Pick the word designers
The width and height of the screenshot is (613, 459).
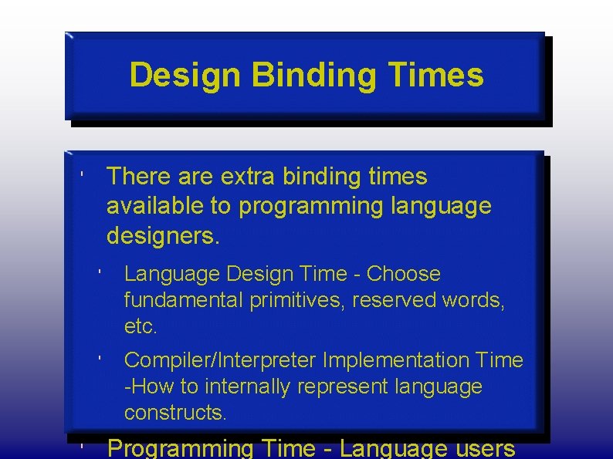pyautogui.click(x=163, y=236)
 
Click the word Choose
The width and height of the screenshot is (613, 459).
pyautogui.click(x=403, y=274)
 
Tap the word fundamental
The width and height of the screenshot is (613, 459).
pyautogui.click(x=184, y=300)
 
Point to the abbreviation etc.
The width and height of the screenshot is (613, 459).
pyautogui.click(x=141, y=326)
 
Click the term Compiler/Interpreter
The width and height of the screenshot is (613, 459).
pyautogui.click(x=221, y=360)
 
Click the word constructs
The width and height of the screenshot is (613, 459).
pyautogui.click(x=175, y=413)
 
